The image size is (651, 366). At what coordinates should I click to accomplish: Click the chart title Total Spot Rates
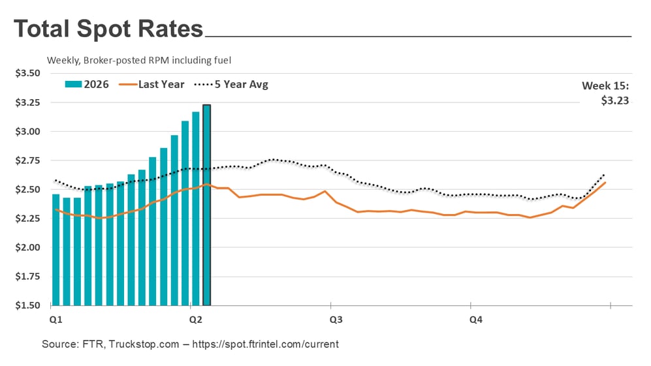tap(108, 30)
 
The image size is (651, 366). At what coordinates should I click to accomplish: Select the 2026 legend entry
tap(87, 84)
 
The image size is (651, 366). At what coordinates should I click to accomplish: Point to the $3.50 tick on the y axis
tap(27, 73)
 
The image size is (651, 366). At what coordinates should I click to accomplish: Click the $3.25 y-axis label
tap(27, 102)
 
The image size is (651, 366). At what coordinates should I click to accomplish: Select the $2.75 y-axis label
tap(27, 160)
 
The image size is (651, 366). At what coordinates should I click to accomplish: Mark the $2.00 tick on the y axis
tap(27, 248)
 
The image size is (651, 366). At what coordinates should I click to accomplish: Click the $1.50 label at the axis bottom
tap(27, 305)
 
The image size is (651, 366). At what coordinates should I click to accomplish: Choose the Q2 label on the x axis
tap(195, 320)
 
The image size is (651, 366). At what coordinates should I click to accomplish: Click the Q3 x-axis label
tap(336, 320)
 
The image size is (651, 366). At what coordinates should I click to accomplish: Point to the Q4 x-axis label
tap(476, 320)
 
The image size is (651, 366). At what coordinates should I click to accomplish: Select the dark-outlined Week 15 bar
tap(207, 205)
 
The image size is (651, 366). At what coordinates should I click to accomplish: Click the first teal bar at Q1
tap(56, 249)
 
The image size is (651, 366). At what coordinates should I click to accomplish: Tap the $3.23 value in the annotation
tap(614, 100)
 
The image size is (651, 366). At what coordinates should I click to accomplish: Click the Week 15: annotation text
tap(605, 85)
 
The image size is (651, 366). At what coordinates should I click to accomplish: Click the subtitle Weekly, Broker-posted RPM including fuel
tap(139, 60)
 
